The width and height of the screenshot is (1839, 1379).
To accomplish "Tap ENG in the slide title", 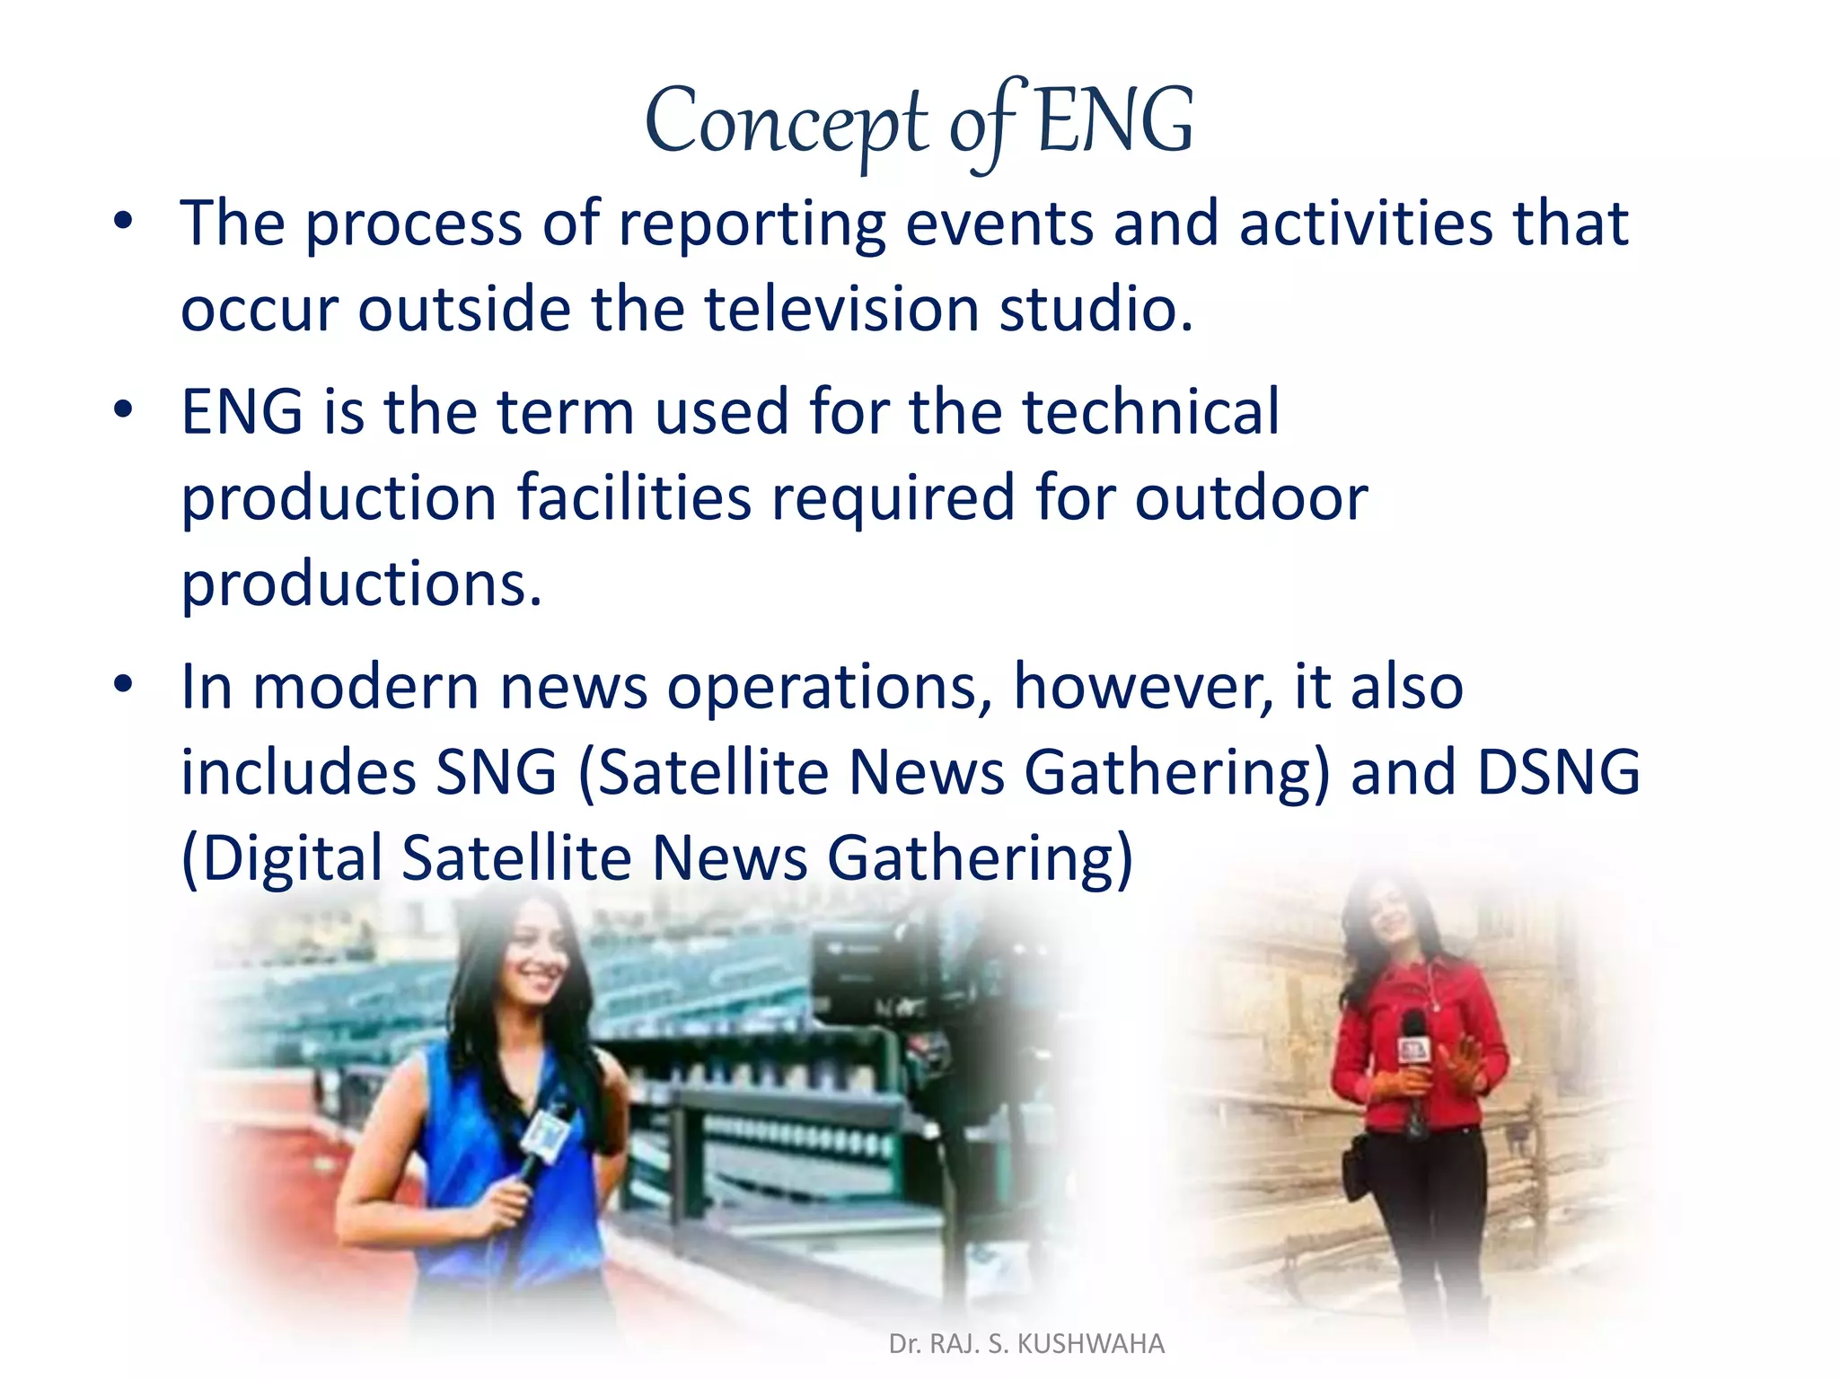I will [x=1114, y=121].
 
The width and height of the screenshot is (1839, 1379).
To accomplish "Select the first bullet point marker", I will [x=124, y=221].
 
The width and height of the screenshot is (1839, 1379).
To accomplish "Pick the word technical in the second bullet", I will [x=1151, y=412].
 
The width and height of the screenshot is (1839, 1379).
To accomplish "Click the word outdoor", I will [x=1251, y=498].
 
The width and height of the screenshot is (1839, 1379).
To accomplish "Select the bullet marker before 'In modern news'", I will [x=124, y=685].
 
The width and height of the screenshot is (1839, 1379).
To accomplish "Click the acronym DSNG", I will [x=1559, y=772].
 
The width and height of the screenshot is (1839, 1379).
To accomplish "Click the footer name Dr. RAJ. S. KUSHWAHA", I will [x=1026, y=1344].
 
